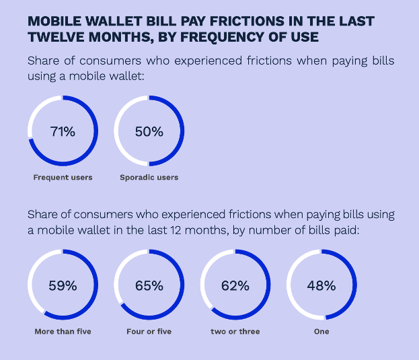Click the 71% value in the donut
click(63, 131)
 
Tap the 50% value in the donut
click(149, 131)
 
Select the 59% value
click(63, 285)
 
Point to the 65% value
click(149, 285)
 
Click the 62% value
click(235, 285)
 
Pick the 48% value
click(321, 285)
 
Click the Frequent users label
click(63, 178)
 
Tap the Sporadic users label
click(149, 178)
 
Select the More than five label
click(63, 332)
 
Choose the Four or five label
click(149, 332)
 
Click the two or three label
click(235, 332)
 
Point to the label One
click(321, 332)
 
